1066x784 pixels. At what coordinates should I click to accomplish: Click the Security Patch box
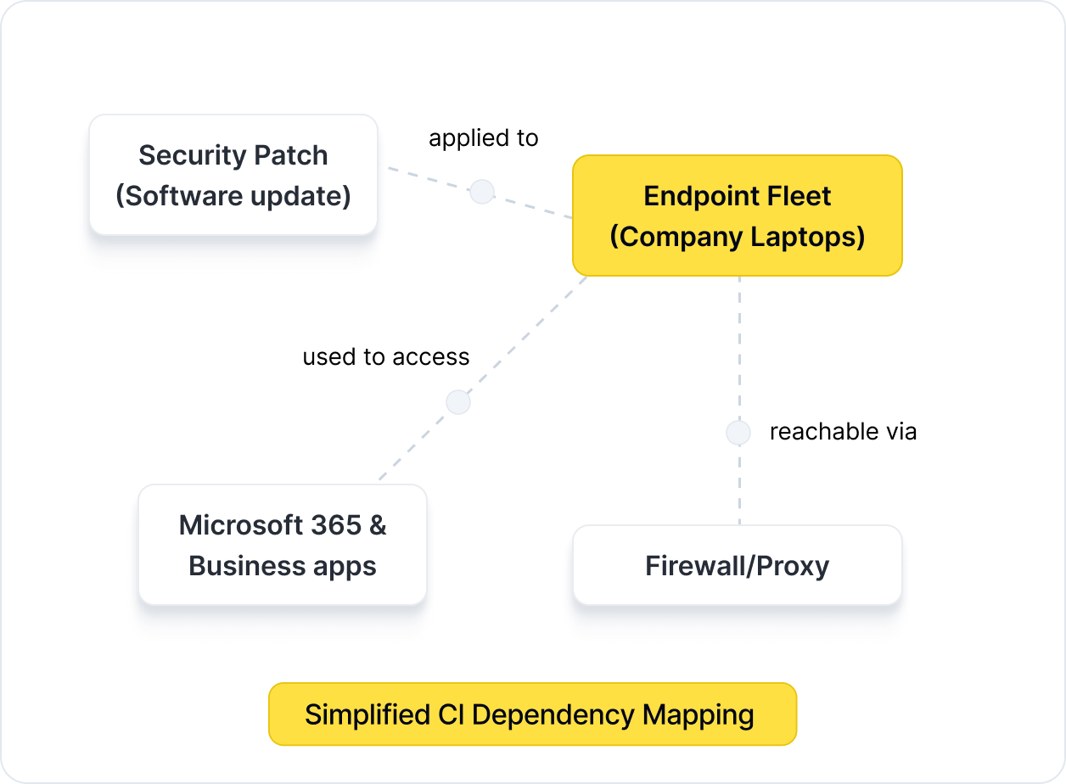(233, 175)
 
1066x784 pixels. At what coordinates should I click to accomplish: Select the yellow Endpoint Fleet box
(737, 216)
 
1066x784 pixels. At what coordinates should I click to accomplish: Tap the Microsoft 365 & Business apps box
(282, 545)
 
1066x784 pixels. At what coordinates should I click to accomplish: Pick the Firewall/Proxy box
(737, 565)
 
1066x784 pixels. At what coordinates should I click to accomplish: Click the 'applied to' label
(483, 138)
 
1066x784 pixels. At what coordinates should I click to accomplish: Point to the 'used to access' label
(385, 357)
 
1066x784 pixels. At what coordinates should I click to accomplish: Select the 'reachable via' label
(843, 432)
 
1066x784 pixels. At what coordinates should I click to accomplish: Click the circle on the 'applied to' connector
(482, 192)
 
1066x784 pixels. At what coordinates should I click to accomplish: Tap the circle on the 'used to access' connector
(458, 402)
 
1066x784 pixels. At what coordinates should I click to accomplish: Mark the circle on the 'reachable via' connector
(738, 433)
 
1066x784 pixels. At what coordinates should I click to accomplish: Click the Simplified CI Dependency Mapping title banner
(532, 714)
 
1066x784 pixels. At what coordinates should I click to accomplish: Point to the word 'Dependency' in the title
(553, 714)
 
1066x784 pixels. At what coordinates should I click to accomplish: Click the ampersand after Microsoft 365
(378, 525)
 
